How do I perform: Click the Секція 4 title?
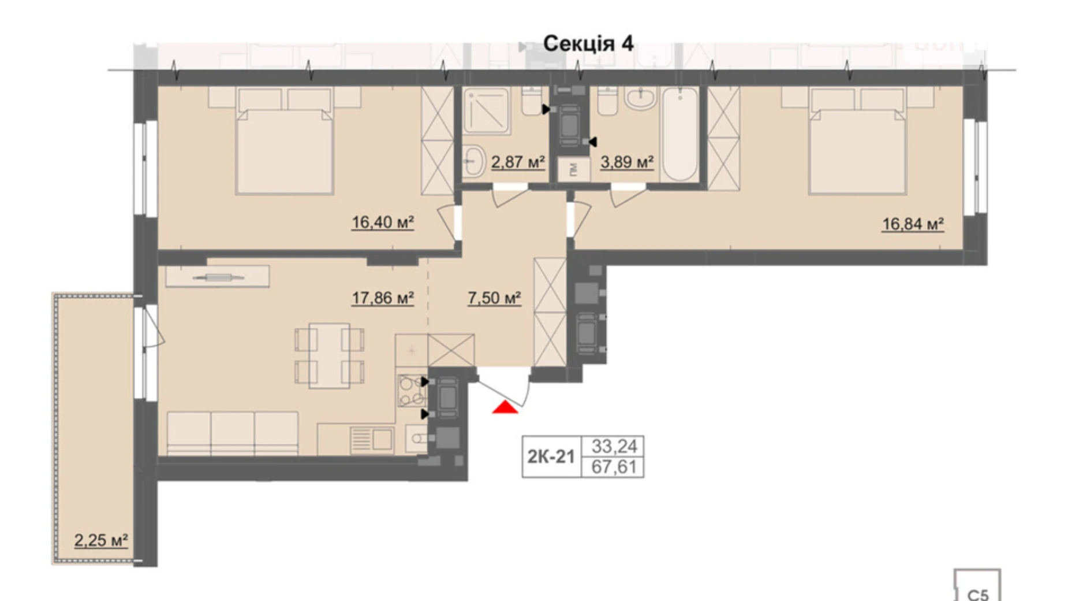point(588,43)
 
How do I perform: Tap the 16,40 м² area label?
point(382,222)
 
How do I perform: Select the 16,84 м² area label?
point(912,224)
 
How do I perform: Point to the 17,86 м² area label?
point(382,298)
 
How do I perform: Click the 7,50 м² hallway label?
point(494,298)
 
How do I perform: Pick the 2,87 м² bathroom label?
point(517,162)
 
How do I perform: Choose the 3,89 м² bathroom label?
point(626,162)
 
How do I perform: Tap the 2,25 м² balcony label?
point(100,540)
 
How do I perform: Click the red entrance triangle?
point(505,408)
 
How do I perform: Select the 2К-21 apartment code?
point(550,457)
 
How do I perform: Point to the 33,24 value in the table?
point(614,446)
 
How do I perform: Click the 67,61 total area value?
point(614,467)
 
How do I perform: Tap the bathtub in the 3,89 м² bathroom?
point(679,134)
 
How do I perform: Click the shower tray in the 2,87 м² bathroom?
point(486,110)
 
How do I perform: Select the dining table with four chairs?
point(329,355)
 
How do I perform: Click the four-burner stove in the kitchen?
point(411,391)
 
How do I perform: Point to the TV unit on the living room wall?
point(217,277)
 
